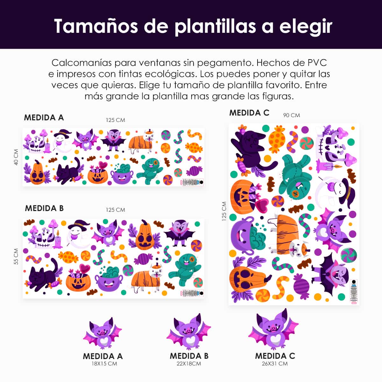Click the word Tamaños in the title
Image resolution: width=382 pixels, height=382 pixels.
[x=95, y=26]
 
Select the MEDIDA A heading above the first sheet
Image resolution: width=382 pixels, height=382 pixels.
[x=44, y=117]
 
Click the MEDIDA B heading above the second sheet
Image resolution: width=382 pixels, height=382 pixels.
[x=44, y=208]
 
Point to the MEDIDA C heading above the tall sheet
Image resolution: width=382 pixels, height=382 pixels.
[x=249, y=113]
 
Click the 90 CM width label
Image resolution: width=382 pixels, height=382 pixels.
[x=291, y=115]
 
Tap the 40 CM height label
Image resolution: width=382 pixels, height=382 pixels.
[x=16, y=157]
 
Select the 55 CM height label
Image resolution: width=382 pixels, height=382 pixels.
[x=16, y=257]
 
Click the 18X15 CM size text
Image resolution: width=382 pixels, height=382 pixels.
[x=103, y=364]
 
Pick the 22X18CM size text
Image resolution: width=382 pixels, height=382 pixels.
[x=189, y=364]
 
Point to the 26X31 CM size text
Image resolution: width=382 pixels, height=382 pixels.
[x=275, y=364]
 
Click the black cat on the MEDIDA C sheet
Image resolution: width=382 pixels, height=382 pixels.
[x=251, y=148]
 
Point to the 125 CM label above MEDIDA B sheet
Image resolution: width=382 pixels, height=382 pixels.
[x=115, y=210]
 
